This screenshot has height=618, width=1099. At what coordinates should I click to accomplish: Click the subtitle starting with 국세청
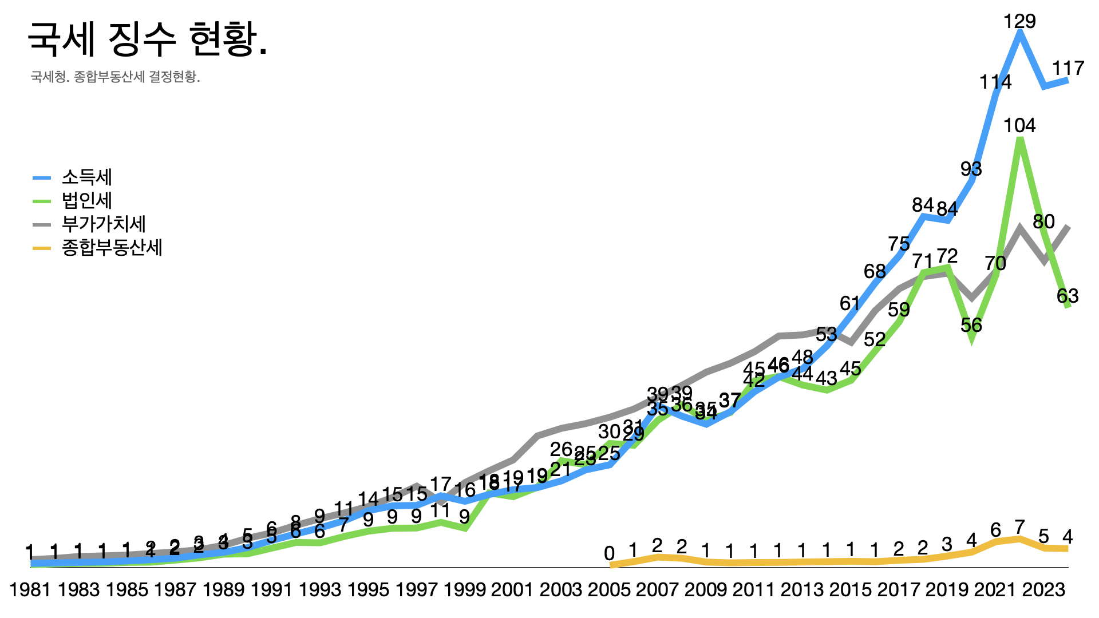[115, 77]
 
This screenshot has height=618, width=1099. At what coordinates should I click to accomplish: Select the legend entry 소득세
[86, 177]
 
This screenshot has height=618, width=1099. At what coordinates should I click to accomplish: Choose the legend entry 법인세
[86, 201]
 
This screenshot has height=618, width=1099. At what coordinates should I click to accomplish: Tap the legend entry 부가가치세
[104, 224]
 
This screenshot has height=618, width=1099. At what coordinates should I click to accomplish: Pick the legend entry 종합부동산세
[112, 247]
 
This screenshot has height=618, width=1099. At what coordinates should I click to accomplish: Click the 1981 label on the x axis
[30, 589]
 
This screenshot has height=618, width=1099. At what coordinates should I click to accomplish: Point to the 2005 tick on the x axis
[610, 589]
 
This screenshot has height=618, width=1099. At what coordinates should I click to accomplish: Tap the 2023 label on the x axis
[1043, 589]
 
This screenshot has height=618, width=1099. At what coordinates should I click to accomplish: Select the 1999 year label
[465, 589]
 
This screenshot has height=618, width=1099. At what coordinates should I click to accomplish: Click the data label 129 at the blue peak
[1019, 22]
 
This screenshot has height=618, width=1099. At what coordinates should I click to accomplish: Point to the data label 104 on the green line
[1019, 126]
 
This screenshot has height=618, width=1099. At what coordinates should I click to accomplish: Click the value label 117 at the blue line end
[1068, 69]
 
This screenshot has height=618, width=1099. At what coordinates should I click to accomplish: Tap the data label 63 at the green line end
[1068, 296]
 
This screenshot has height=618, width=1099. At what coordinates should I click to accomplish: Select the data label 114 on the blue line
[995, 82]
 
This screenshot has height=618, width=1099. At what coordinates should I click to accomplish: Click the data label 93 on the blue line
[971, 169]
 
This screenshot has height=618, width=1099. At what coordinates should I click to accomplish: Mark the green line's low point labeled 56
[971, 326]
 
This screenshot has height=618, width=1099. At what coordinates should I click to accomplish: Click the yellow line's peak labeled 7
[1019, 526]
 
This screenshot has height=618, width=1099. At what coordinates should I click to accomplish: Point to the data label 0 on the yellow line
[609, 553]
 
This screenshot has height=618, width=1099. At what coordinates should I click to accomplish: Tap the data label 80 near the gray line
[1043, 221]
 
